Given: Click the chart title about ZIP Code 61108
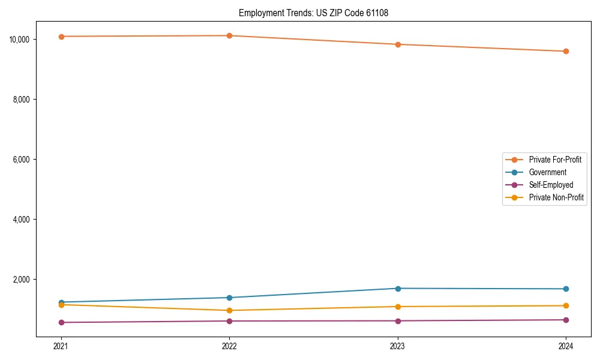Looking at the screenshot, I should (313, 13).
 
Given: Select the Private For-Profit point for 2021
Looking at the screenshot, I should (61, 37).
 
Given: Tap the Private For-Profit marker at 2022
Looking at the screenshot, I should (229, 35).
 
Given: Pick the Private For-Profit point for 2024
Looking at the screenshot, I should (566, 51).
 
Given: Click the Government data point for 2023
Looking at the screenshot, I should (398, 289).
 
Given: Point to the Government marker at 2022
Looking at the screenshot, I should (229, 298).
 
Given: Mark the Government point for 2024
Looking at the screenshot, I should (566, 289).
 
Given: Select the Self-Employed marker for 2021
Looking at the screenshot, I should (61, 322).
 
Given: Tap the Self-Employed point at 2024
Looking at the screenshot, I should (566, 320).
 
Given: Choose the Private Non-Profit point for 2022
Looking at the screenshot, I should (229, 310).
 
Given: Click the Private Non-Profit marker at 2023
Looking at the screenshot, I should (398, 307).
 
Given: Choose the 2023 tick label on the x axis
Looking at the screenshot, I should (398, 346).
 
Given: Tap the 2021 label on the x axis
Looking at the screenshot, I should (61, 346).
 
